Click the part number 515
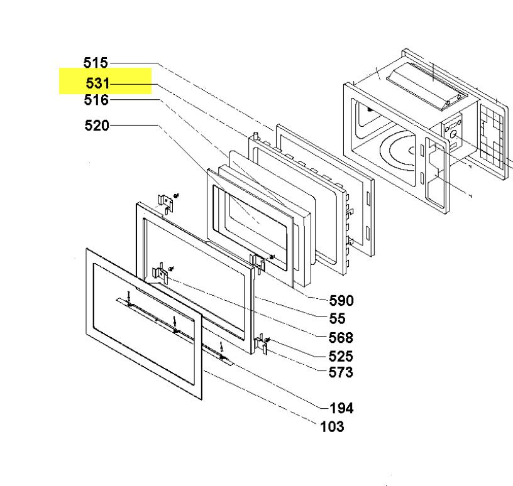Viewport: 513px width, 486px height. click(96, 63)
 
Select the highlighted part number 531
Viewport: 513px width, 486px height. click(97, 83)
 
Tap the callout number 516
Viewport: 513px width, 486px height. click(96, 100)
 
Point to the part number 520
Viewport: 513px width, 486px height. click(97, 126)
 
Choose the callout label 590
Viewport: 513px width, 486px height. click(341, 301)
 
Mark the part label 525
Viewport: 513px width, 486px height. click(341, 356)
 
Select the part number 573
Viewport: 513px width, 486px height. click(341, 372)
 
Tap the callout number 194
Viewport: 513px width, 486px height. click(341, 408)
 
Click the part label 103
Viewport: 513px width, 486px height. click(332, 427)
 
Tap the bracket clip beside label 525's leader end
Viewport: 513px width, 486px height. click(262, 344)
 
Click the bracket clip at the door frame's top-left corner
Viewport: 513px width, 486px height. click(165, 203)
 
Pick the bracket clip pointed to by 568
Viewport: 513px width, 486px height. click(162, 274)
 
